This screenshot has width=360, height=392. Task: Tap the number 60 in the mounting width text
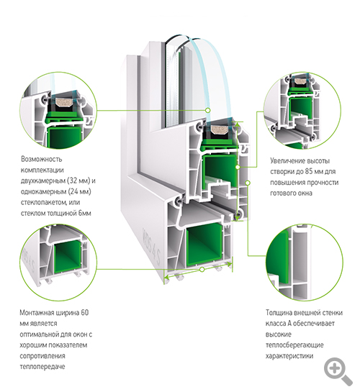tap(84, 312)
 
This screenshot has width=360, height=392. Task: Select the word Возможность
tap(41, 159)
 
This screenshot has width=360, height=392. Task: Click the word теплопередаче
tap(42, 367)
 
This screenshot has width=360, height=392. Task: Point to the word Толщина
tap(279, 313)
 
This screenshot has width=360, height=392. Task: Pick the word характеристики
tap(289, 356)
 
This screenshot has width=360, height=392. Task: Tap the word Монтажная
tap(36, 313)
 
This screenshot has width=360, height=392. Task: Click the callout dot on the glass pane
tap(207, 110)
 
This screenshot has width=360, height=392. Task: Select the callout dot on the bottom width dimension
tap(202, 269)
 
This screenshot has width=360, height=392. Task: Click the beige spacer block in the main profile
tap(218, 129)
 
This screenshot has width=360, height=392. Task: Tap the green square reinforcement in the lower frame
tap(204, 245)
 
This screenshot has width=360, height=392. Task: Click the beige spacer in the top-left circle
tap(64, 101)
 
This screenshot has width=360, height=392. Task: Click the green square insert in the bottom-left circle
tap(68, 257)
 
